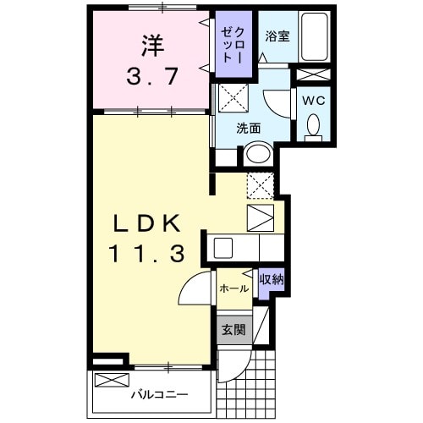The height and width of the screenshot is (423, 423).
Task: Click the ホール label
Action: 233,288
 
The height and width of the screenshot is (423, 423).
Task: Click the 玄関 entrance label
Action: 231,330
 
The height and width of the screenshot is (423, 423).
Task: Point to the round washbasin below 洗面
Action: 256,155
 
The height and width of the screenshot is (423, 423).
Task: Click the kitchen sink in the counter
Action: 224,248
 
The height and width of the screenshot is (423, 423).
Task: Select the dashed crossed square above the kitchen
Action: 260,184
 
